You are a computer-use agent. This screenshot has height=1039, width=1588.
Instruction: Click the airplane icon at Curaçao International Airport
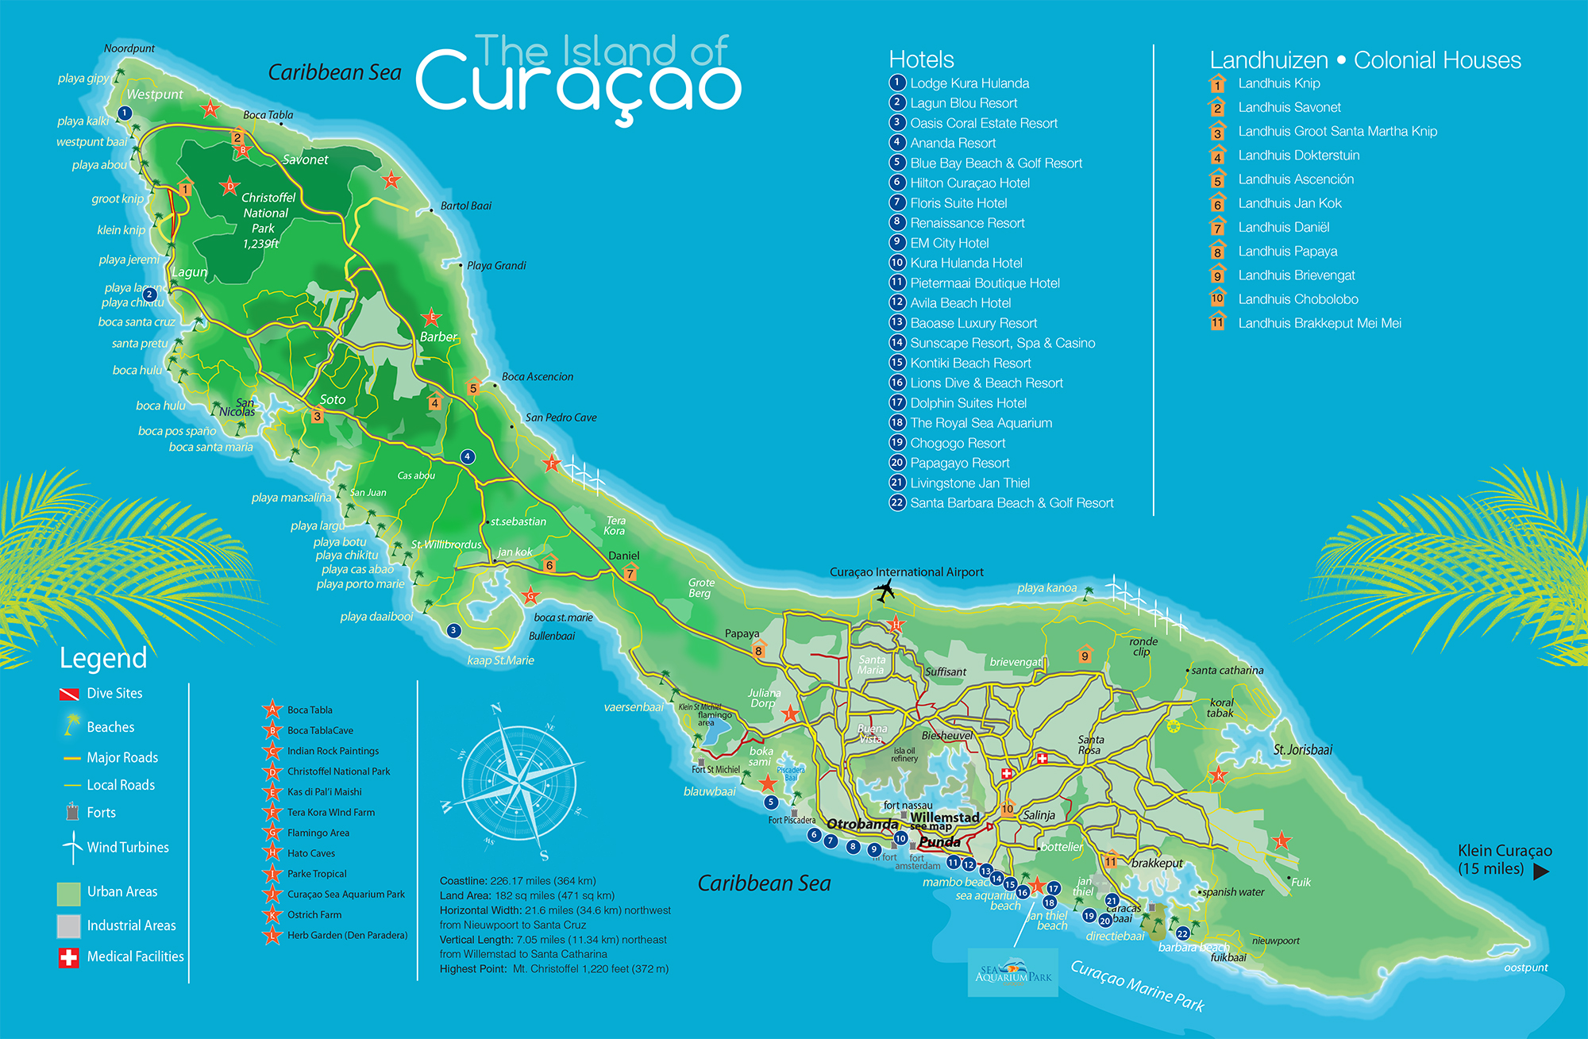[x=884, y=591]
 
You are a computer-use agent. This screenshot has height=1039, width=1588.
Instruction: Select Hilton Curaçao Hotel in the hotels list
[x=969, y=183]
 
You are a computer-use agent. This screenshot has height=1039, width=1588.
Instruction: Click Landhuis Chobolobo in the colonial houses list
[x=1297, y=299]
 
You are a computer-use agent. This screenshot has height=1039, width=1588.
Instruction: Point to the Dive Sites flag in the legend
[x=69, y=695]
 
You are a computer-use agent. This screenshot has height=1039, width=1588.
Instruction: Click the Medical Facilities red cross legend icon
[x=69, y=957]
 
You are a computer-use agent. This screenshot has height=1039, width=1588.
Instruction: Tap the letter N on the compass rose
[x=496, y=709]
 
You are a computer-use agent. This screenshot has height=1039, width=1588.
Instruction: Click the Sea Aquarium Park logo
[x=1012, y=973]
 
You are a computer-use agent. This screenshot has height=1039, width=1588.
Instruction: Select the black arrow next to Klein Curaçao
[x=1540, y=872]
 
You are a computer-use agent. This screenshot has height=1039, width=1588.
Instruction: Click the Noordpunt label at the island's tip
[x=129, y=48]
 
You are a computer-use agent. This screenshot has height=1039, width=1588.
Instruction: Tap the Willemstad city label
[x=944, y=817]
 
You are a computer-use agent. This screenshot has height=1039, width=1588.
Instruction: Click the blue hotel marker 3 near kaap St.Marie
[x=453, y=631]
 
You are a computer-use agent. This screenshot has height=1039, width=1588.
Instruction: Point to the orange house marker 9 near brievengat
[x=1085, y=655]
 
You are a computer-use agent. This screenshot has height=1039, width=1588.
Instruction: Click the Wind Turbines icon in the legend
[x=73, y=847]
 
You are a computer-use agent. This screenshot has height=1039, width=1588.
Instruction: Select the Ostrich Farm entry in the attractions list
[x=314, y=915]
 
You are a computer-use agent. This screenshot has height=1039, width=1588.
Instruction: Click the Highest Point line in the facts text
[x=553, y=969]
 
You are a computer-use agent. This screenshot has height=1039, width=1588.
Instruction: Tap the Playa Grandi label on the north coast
[x=496, y=266]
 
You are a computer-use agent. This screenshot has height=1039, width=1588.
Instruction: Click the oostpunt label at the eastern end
[x=1525, y=968]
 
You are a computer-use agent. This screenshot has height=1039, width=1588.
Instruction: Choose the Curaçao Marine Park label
[x=1137, y=986]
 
